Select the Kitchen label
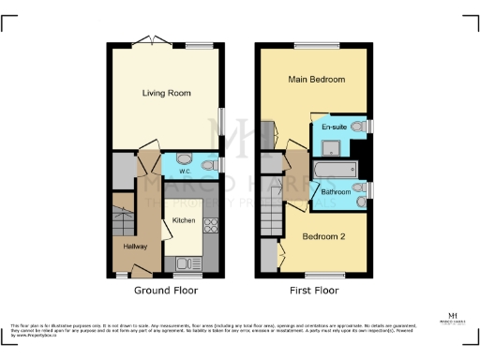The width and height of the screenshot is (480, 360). click(x=183, y=219)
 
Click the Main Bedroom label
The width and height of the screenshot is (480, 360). click(x=317, y=80)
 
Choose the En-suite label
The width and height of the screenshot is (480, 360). click(x=334, y=126)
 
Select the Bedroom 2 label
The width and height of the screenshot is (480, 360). click(x=322, y=237)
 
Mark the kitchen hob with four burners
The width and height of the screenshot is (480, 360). click(x=211, y=225)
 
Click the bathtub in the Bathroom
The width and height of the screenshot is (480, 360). click(x=334, y=170)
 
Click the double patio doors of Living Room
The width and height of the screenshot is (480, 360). click(x=147, y=40)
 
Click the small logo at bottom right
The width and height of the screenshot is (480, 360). click(x=454, y=320)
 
